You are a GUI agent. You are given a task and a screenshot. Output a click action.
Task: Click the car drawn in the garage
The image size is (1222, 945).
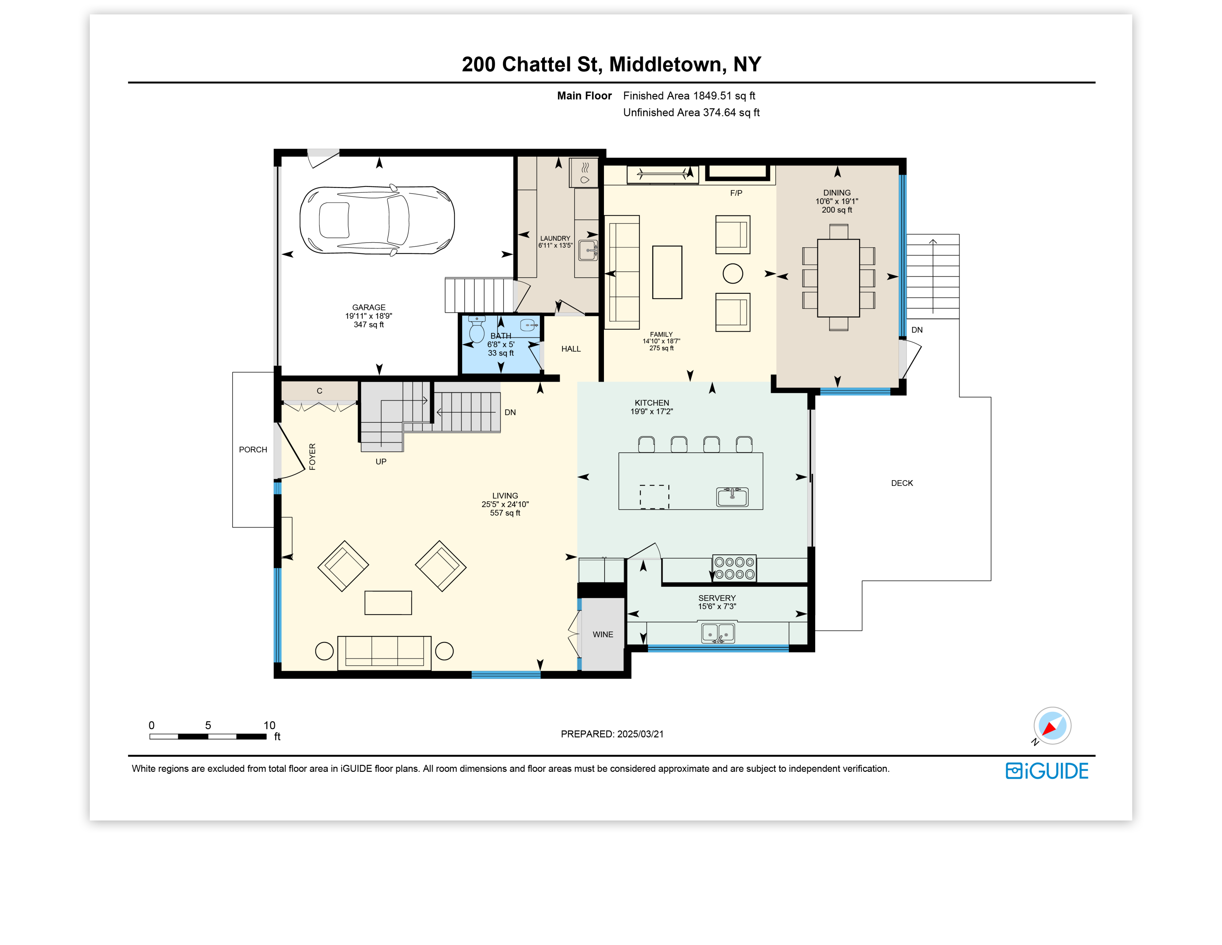(x=377, y=220)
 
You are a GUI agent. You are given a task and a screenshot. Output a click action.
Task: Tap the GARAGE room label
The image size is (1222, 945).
(x=369, y=307)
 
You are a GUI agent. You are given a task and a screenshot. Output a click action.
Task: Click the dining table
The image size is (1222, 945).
(x=838, y=278)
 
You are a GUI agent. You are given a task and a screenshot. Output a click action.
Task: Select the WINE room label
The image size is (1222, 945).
(x=603, y=634)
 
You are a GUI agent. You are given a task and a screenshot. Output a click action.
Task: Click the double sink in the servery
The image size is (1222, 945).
(x=718, y=633)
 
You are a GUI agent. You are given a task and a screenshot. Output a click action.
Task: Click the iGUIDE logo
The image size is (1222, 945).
(x=1047, y=771)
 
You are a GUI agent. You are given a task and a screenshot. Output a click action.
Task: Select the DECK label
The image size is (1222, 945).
(x=902, y=483)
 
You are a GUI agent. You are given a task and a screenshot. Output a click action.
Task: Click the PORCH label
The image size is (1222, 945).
(x=253, y=450)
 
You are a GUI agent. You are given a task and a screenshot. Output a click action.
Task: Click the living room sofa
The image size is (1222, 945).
(x=384, y=653)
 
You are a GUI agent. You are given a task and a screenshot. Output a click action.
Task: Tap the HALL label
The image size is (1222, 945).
(x=571, y=349)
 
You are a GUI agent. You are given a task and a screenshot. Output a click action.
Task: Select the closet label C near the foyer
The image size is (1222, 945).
(x=319, y=391)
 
